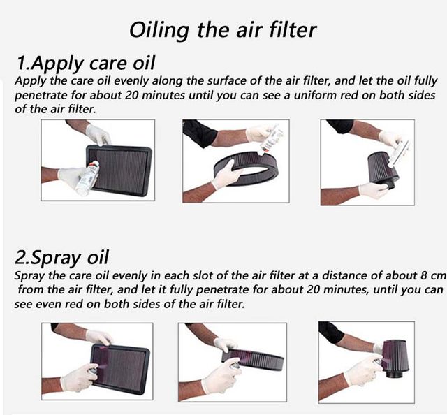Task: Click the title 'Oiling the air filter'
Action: (x=223, y=30)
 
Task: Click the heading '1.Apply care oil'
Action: (x=86, y=63)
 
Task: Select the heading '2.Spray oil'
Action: (x=61, y=258)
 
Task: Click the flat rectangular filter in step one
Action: (x=119, y=170)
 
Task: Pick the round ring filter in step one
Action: (x=245, y=169)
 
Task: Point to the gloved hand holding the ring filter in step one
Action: (x=226, y=175)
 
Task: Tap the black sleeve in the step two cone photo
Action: (x=330, y=333)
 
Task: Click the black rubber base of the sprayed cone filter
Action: (x=394, y=372)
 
